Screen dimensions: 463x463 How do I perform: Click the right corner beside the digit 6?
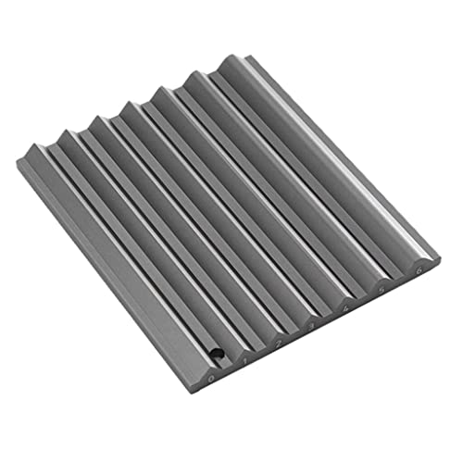coord(441,259)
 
